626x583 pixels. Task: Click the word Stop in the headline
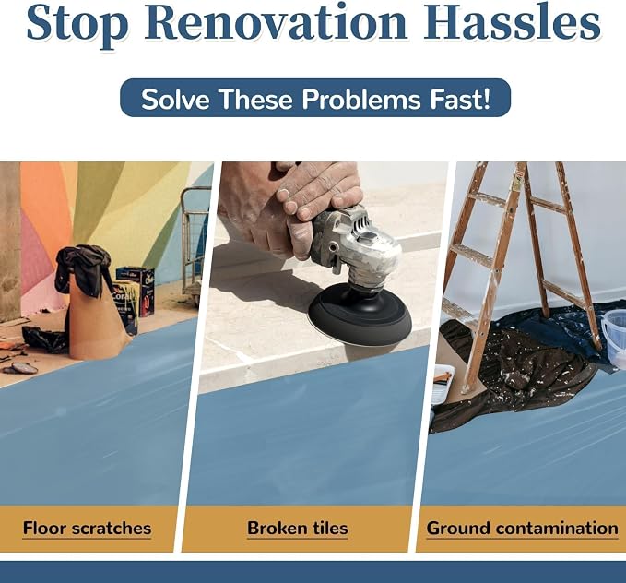77,23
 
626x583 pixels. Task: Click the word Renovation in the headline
276,22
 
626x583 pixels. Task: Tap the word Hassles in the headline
512,22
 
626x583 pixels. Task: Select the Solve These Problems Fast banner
315,98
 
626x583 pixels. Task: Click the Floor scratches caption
87,528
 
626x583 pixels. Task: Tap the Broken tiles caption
298,528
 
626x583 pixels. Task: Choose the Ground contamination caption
522,528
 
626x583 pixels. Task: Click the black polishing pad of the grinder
360,315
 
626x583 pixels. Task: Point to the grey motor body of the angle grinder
355,244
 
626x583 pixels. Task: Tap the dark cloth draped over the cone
84,268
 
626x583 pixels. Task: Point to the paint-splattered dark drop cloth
519,368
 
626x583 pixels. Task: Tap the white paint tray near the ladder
443,383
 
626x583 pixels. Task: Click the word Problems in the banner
361,99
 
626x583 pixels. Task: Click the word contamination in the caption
557,528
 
